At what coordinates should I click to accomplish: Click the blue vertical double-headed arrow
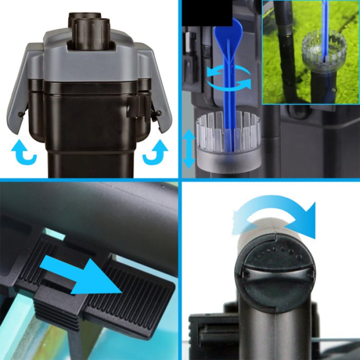tap(189, 148)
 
